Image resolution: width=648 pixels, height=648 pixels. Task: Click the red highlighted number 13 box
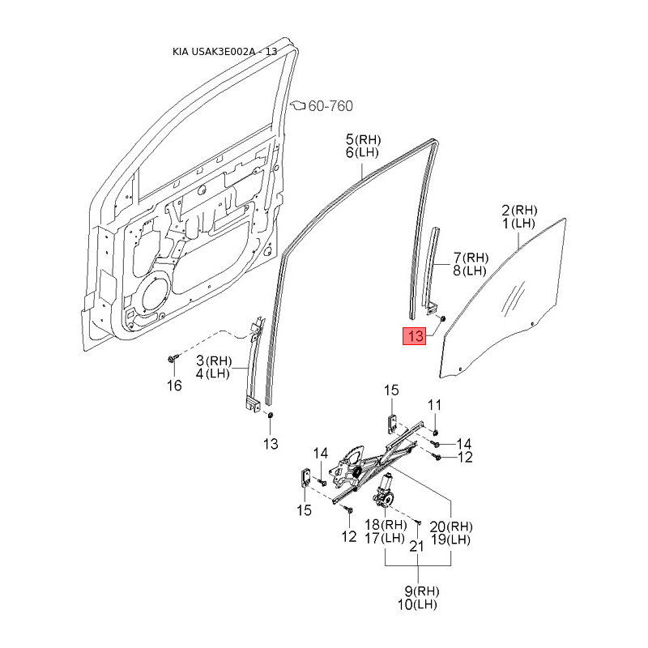point(416,336)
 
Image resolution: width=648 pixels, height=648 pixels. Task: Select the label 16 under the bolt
point(174,386)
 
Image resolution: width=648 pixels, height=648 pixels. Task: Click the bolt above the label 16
point(173,358)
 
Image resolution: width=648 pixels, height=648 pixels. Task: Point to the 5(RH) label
point(363,139)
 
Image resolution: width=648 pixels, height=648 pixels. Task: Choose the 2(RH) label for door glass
point(519,209)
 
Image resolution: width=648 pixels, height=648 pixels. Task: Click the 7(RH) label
point(470,258)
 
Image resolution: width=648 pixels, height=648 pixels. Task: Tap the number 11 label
point(435,405)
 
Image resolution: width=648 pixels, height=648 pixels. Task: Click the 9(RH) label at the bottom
point(416,590)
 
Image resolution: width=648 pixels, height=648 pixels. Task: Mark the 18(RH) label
point(385,526)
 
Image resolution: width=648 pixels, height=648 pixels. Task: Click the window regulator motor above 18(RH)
point(384,490)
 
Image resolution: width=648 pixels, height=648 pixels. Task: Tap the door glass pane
point(502,300)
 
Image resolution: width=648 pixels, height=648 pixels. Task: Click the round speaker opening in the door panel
point(152,296)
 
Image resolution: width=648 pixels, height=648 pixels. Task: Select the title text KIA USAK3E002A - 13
point(225,52)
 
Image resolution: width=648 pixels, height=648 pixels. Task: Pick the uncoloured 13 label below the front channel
point(270,443)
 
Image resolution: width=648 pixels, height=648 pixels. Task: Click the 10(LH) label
point(416,605)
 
